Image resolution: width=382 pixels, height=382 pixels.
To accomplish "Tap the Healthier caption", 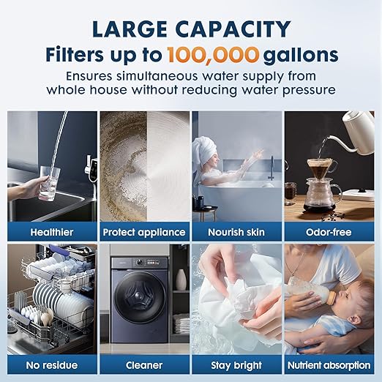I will (52, 232).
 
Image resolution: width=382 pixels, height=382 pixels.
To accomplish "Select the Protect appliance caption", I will (144, 232).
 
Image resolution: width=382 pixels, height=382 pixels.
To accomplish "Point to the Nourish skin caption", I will (236, 232).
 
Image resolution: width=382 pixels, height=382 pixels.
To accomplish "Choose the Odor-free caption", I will (329, 232).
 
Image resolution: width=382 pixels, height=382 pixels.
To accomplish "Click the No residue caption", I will (52, 364).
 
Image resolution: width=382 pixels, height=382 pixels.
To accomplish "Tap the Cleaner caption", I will (144, 364).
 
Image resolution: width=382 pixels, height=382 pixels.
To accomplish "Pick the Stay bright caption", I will (236, 364).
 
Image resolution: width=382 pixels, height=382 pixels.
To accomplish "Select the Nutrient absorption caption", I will (329, 364).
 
